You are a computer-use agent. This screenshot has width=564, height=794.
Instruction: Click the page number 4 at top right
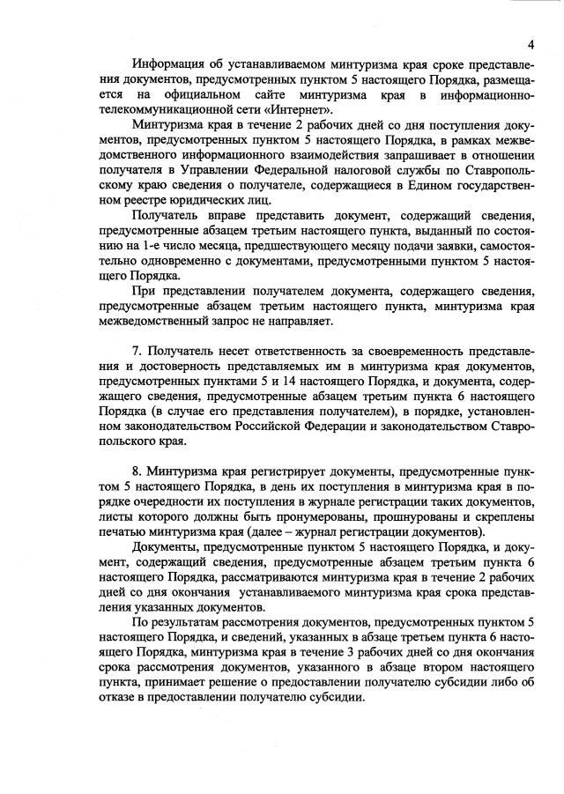point(532,44)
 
